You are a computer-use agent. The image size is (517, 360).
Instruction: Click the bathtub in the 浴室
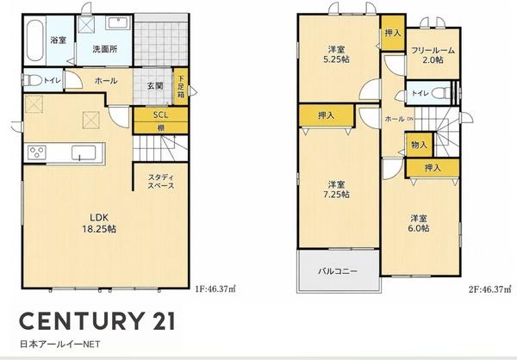34,40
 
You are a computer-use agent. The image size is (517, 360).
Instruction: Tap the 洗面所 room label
105,49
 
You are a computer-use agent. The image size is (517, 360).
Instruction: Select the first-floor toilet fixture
33,80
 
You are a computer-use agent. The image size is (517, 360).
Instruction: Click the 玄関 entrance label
155,86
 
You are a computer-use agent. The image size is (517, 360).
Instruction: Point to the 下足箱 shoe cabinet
181,87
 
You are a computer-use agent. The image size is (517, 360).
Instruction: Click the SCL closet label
160,115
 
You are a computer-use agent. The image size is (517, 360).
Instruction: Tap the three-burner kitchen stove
37,152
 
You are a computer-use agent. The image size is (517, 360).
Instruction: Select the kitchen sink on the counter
84,153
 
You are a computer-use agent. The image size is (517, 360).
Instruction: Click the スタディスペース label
160,181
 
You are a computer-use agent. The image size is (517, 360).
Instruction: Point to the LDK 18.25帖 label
99,223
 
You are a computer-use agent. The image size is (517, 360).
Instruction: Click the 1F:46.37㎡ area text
215,289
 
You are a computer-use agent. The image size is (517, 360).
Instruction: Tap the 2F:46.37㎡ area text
490,289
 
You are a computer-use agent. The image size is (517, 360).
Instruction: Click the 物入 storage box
419,145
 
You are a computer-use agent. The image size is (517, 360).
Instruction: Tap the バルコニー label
338,271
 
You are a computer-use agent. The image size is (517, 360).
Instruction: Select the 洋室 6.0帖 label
419,223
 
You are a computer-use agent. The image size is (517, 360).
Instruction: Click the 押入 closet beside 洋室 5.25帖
393,33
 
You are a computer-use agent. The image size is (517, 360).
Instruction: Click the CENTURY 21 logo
97,320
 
